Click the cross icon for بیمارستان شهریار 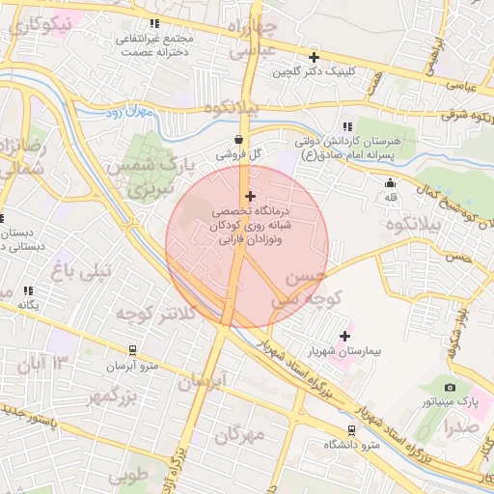click(x=344, y=336)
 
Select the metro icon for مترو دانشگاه click(x=350, y=430)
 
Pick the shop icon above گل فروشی click(x=238, y=139)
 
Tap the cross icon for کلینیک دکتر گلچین click(x=313, y=57)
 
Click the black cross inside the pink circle click(x=250, y=196)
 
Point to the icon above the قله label click(x=390, y=183)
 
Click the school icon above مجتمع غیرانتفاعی click(x=153, y=23)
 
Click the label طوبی click(x=128, y=476)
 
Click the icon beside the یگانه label click(x=29, y=289)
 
